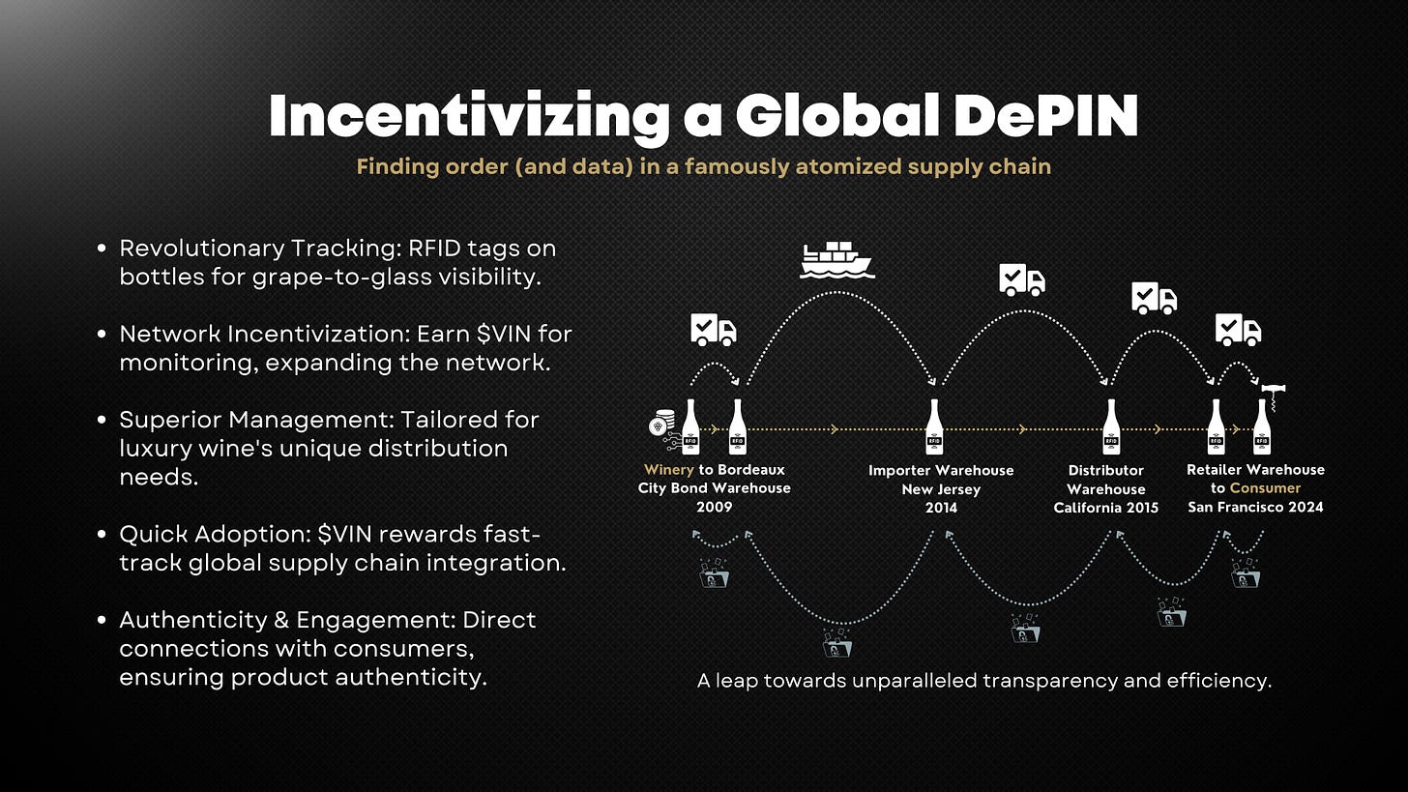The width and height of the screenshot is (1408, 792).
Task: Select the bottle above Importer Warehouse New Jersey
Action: [x=934, y=426]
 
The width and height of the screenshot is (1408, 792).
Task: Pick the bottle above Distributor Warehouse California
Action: [x=1111, y=426]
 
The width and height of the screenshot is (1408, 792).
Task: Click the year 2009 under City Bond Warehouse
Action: [x=714, y=507]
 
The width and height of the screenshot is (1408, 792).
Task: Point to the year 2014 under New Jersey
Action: [x=941, y=507]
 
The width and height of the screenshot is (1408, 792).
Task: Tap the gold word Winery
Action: [x=668, y=470]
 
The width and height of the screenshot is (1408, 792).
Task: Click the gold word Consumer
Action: [x=1265, y=488]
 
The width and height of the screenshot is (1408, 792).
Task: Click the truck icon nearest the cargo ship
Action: [x=1022, y=280]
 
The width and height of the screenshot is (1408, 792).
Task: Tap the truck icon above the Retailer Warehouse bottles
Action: [x=1238, y=330]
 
